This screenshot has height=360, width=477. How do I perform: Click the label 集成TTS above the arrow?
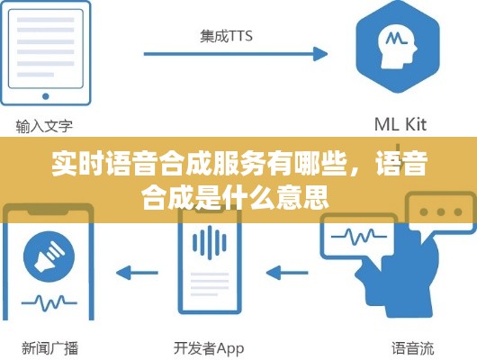pyautogui.click(x=226, y=36)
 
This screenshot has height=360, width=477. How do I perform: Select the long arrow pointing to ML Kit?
pyautogui.click(x=236, y=54)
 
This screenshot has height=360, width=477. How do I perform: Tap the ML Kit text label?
pyautogui.click(x=400, y=124)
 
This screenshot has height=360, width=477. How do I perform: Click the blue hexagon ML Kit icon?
pyautogui.click(x=398, y=46)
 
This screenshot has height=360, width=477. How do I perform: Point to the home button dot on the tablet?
pyautogui.click(x=46, y=96)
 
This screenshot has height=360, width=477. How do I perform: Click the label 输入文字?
pyautogui.click(x=44, y=126)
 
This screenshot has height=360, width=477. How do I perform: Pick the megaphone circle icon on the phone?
pyautogui.click(x=49, y=256)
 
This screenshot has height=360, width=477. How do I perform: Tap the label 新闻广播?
pyautogui.click(x=50, y=347)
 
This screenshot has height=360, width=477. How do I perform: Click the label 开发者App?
pyautogui.click(x=209, y=348)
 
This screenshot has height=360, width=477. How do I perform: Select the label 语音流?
pyautogui.click(x=412, y=348)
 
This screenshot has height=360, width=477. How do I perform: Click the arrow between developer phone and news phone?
pyautogui.click(x=137, y=273)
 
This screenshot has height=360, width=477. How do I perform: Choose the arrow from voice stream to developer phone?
pyautogui.click(x=287, y=273)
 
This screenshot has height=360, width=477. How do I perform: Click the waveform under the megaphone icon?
pyautogui.click(x=49, y=302)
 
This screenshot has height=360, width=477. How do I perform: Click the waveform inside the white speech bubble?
pyautogui.click(x=359, y=237)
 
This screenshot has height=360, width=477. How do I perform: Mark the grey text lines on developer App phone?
pyautogui.click(x=210, y=284)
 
